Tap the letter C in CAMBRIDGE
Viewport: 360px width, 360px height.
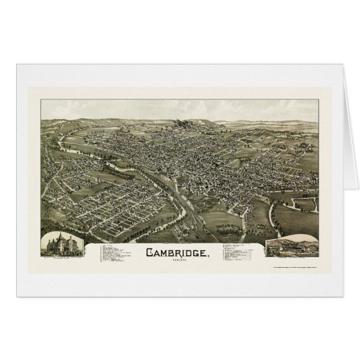tap(149, 253)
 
